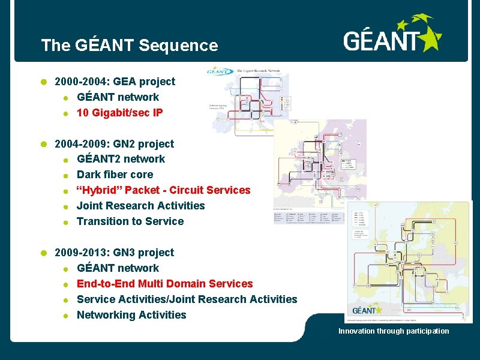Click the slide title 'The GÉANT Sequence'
[x=129, y=45]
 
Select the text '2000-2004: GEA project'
[x=115, y=82]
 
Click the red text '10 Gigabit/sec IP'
[x=119, y=112]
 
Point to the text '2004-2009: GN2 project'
[x=114, y=144]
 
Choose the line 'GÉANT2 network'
[x=121, y=159]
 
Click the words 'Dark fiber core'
[x=115, y=175]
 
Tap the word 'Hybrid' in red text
[x=98, y=190]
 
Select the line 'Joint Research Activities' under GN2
[x=140, y=206]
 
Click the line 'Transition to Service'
[x=130, y=221]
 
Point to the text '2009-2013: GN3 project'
[x=114, y=253]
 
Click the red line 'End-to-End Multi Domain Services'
[x=164, y=284]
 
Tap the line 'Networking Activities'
[x=131, y=315]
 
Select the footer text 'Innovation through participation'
[x=394, y=331]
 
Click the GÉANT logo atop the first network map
[x=220, y=71]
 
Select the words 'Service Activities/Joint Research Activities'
[x=187, y=299]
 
